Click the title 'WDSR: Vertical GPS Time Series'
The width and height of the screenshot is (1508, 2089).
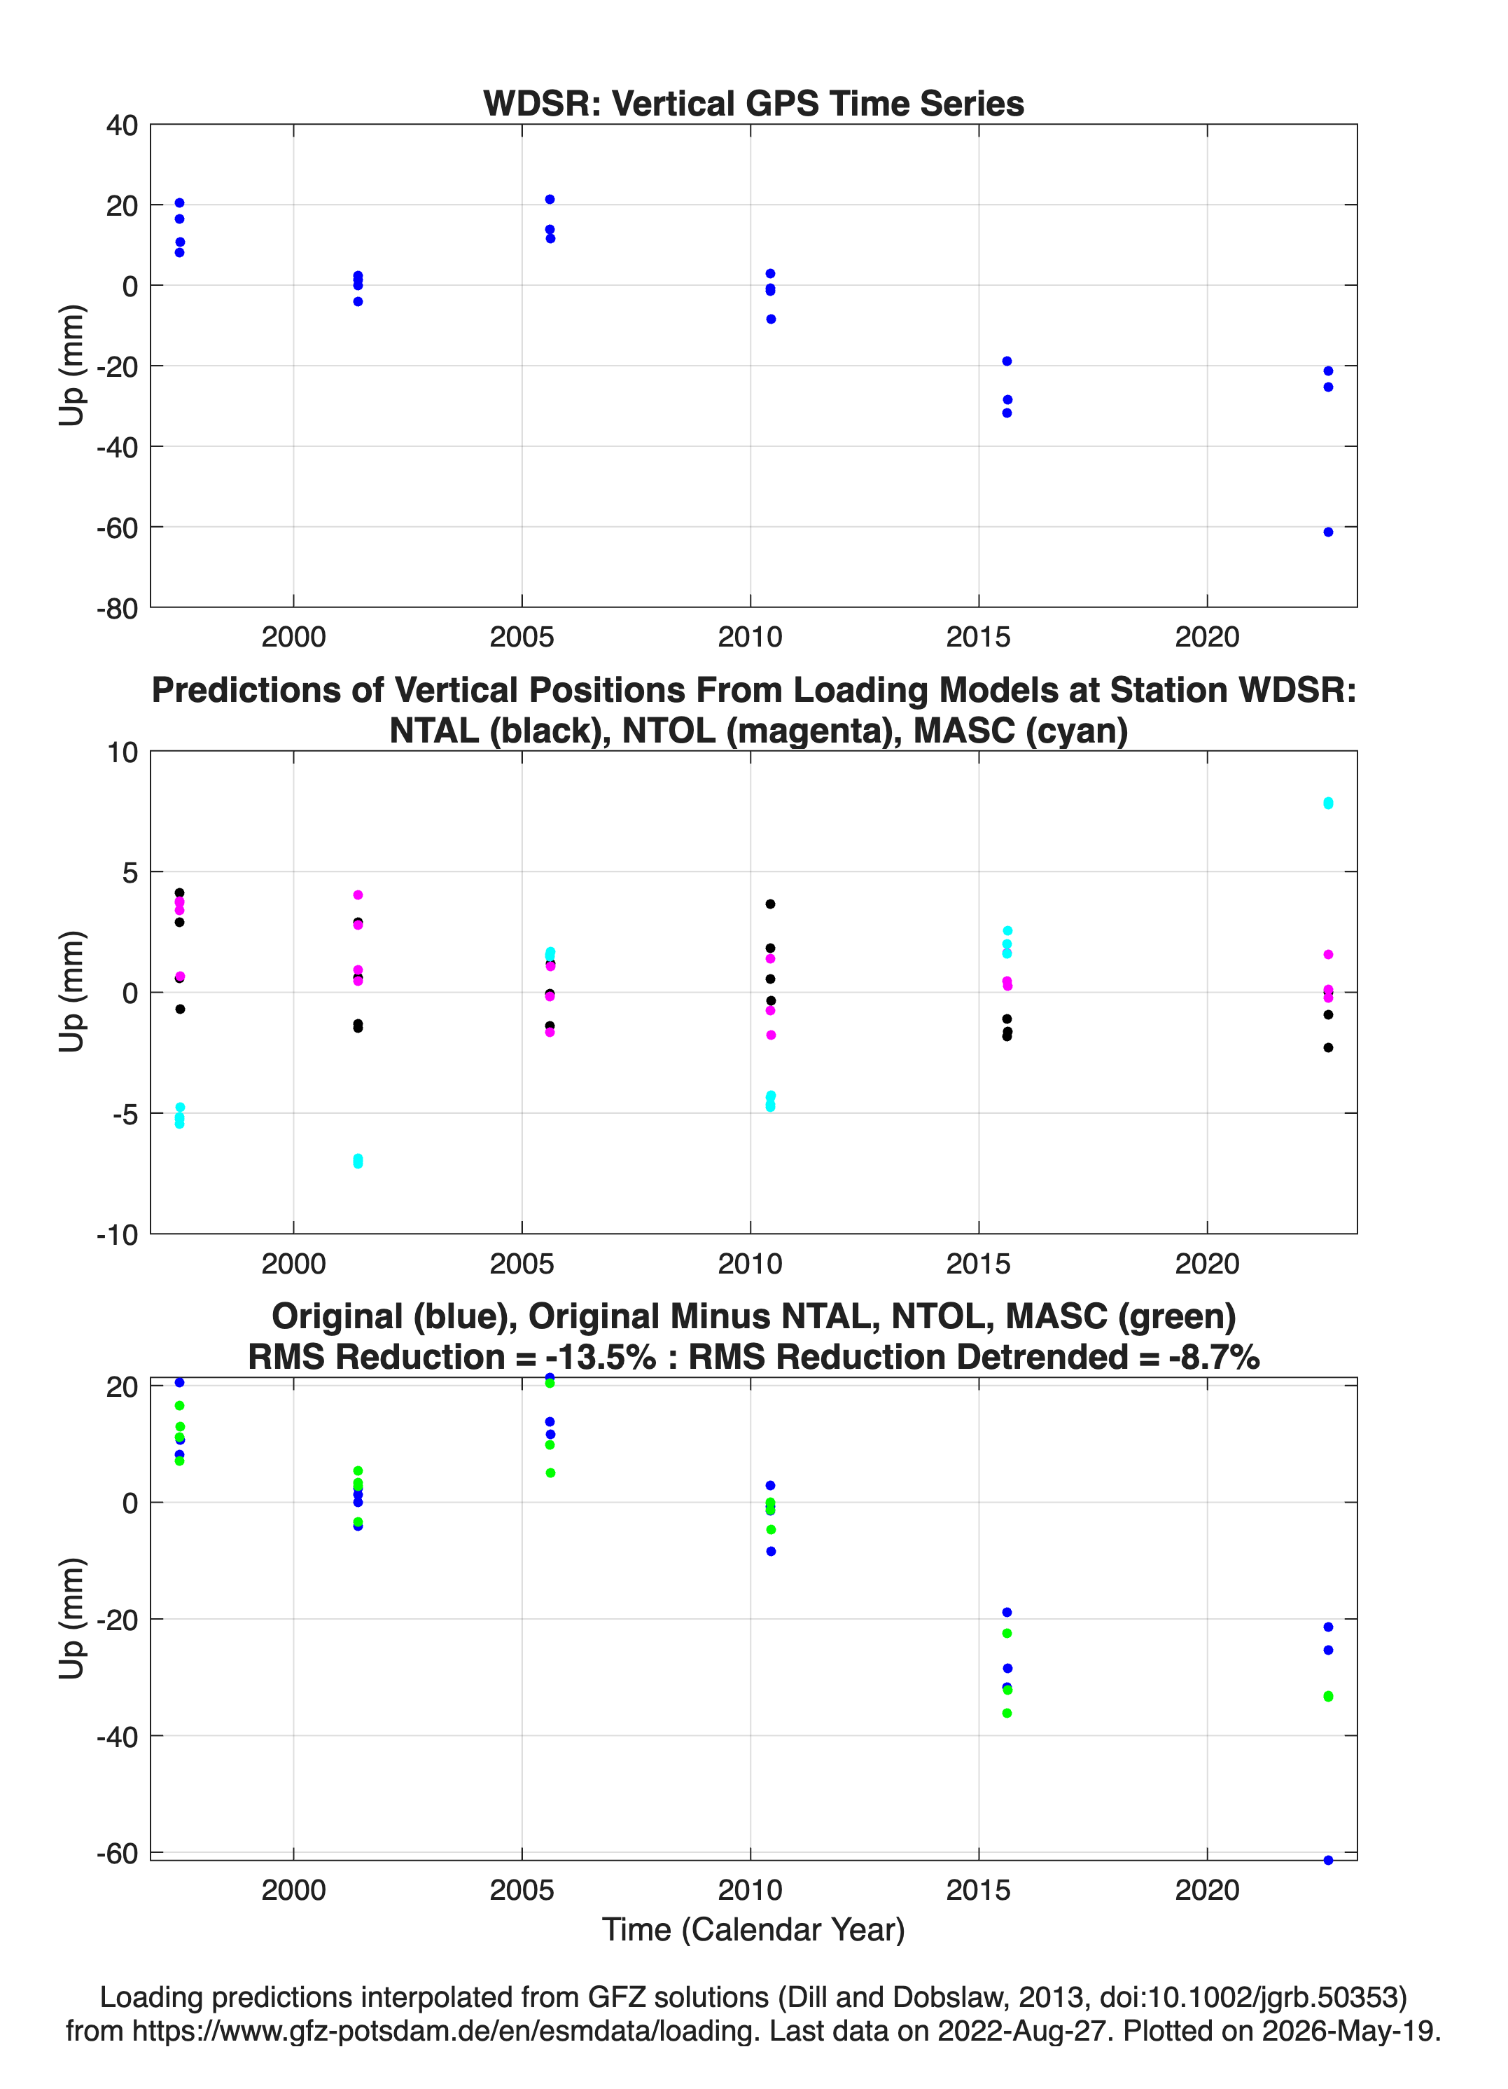pos(753,103)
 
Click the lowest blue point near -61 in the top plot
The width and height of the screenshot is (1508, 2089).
pos(1327,532)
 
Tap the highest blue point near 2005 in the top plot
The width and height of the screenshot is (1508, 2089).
pos(550,199)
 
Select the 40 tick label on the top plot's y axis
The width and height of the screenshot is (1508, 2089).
pos(122,125)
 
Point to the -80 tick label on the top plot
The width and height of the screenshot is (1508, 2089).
pos(117,608)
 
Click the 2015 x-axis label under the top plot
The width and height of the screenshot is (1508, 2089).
pos(978,637)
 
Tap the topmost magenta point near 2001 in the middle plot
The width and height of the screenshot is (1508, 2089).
pos(358,895)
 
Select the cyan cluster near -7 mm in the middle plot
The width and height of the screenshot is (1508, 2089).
pos(358,1161)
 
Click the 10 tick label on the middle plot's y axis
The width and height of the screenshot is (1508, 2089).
pos(122,752)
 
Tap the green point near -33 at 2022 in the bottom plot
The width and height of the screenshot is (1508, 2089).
pos(1327,1696)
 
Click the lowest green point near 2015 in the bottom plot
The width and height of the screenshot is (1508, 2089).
pos(1007,1714)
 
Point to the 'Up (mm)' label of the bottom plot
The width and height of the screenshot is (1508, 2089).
pos(72,1618)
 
